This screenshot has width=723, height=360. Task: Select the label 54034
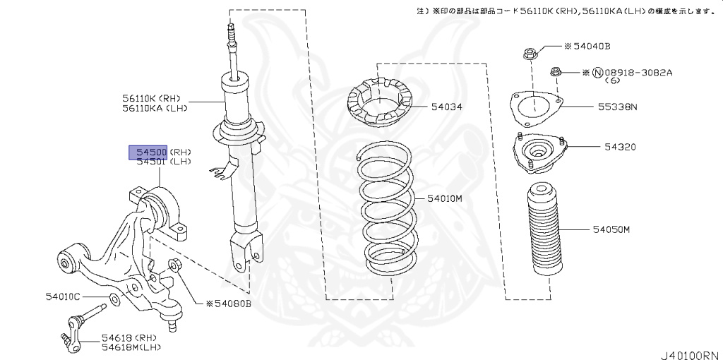tap(446, 107)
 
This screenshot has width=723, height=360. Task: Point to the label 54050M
tap(611, 230)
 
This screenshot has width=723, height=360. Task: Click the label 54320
tap(620, 148)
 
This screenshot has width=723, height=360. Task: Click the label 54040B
tap(591, 47)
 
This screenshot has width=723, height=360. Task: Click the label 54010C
tap(63, 296)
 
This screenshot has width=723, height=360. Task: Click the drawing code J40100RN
tap(689, 353)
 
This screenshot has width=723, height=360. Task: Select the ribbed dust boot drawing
tap(544, 233)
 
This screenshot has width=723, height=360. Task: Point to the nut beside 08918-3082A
tap(554, 71)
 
